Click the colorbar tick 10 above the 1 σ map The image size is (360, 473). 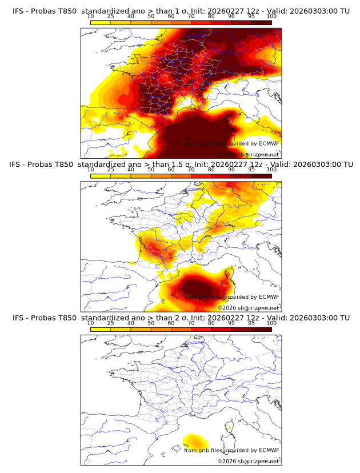tap(91, 16)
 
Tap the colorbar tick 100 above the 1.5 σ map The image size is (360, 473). tap(271, 170)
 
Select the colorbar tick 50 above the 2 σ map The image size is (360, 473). tap(151, 323)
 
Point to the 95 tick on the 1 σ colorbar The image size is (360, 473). tap(251, 16)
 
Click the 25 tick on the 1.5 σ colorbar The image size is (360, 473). tap(111, 170)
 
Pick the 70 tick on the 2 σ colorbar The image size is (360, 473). tap(191, 323)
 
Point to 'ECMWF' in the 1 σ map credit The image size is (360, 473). tap(269, 143)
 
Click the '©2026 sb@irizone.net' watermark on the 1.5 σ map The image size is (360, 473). tap(249, 308)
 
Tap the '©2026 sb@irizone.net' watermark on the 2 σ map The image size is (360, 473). tap(249, 462)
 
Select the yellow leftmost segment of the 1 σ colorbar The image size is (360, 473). tap(101, 23)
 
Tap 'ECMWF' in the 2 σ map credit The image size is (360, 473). tap(269, 450)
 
